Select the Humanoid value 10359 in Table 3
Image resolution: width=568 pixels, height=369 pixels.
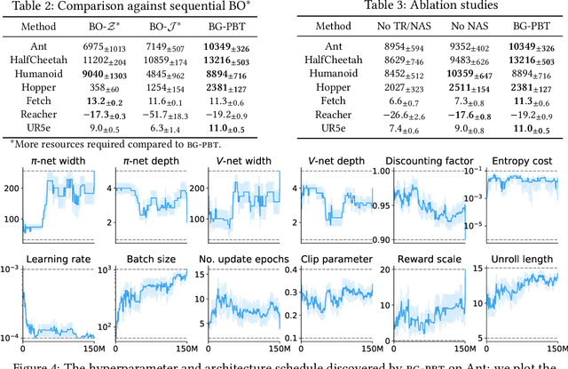click(453, 76)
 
